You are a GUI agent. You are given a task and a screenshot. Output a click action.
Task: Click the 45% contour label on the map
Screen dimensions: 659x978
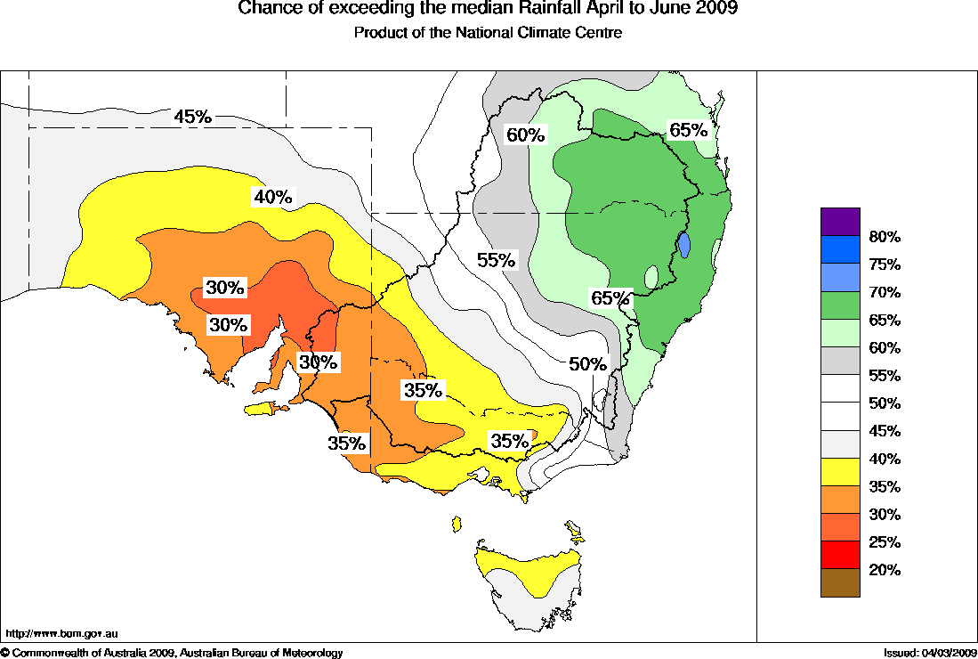[192, 117]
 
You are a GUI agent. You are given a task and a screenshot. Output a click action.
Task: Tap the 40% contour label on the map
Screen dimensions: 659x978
[273, 197]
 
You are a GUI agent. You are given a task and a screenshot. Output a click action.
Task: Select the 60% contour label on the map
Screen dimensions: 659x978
[525, 135]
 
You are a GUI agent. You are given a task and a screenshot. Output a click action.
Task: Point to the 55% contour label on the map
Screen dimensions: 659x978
[496, 260]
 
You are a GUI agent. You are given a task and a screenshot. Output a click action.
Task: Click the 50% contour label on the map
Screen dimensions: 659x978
[587, 364]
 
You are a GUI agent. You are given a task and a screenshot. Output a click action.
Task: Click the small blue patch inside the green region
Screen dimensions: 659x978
[683, 244]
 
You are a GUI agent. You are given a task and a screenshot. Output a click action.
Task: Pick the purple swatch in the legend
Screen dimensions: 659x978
[840, 222]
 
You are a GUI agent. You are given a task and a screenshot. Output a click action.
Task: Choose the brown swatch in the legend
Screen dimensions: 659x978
[840, 583]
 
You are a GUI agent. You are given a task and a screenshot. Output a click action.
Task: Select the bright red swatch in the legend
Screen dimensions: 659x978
[840, 555]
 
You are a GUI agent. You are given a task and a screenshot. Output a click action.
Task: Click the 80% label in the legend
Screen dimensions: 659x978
[885, 237]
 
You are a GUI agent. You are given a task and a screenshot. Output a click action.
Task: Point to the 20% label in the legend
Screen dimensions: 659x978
[885, 570]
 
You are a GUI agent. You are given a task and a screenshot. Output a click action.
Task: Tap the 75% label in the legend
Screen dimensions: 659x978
[885, 264]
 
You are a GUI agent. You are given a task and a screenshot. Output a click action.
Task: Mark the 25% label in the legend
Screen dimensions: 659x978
[885, 542]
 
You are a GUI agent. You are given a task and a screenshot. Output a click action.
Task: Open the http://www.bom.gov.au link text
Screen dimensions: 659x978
[61, 634]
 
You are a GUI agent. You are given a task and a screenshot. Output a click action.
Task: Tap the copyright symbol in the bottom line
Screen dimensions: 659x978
[5, 654]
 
